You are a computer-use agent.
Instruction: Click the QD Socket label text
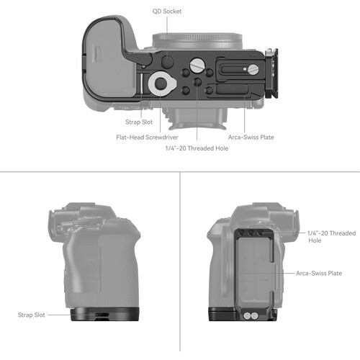pos(167,12)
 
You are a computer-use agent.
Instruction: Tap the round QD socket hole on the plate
pos(167,61)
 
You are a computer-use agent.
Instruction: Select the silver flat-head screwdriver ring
pos(162,84)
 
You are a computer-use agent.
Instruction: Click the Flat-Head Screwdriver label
pos(147,138)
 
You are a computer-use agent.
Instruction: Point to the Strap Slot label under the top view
pos(139,122)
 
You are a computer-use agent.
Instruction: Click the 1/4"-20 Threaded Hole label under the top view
pos(197,148)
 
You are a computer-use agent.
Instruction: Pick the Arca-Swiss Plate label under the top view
pos(251,138)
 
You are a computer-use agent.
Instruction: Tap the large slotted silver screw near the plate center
pos(197,65)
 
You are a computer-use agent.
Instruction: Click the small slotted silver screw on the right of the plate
pos(253,69)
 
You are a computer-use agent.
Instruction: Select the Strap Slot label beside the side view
pos(32,315)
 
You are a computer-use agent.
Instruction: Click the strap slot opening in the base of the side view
pos(102,315)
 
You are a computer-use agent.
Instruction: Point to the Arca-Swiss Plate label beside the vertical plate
pos(319,273)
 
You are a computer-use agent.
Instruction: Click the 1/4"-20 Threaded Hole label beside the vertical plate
pos(331,237)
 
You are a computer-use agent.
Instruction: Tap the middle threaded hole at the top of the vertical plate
pos(251,233)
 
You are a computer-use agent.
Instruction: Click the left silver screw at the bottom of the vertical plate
pos(247,316)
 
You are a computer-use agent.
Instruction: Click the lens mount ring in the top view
pos(197,41)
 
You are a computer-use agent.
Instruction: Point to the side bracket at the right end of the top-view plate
pos(271,73)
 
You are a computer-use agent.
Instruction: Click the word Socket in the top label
pos(171,12)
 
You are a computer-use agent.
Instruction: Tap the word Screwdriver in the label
pos(162,138)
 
